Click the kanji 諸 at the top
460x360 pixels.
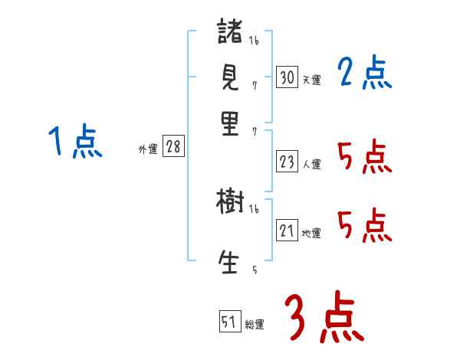[x=230, y=34]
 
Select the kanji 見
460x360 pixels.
[x=230, y=77]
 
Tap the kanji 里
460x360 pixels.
[x=230, y=124]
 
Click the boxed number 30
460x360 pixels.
[x=287, y=77]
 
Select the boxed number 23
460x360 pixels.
[x=287, y=162]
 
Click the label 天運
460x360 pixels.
[x=311, y=80]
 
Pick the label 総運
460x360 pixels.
[x=255, y=325]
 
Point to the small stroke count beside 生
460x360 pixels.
[x=254, y=270]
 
